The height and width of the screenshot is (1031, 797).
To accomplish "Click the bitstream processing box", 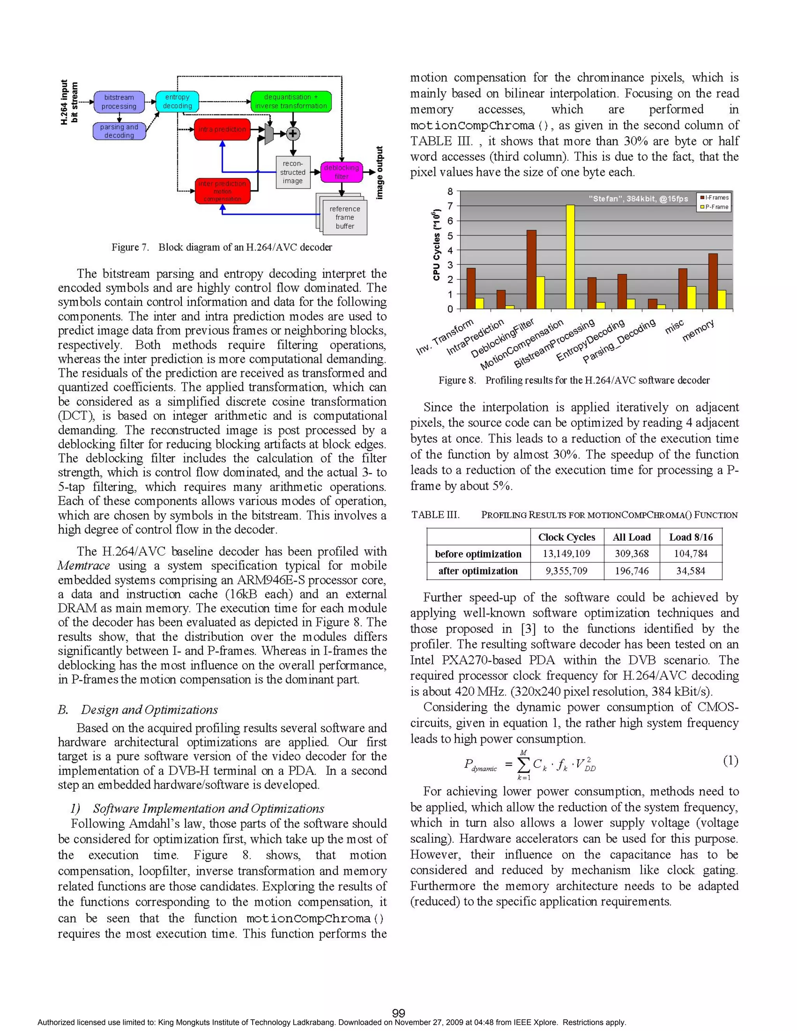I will [x=119, y=102].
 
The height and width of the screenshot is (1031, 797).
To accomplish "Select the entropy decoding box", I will [x=177, y=101].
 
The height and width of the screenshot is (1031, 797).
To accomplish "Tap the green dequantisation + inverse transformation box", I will [x=291, y=101].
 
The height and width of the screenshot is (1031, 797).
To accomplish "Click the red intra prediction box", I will [x=222, y=129].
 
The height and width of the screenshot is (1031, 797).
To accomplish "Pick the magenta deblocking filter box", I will [x=341, y=172].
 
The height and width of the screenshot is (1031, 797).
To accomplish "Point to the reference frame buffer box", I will [x=345, y=217].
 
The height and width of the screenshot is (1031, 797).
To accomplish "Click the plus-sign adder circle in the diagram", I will [x=293, y=133].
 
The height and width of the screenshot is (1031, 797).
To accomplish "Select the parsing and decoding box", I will [x=119, y=131].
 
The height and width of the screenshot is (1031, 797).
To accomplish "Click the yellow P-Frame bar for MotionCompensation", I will [x=571, y=257].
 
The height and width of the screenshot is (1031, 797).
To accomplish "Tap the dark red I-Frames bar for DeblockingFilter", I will [x=531, y=269].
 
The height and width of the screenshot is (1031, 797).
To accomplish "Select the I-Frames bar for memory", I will [x=713, y=281].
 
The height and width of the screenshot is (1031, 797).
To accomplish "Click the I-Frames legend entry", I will [x=714, y=197].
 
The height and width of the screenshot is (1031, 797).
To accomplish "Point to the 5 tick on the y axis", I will [x=450, y=235].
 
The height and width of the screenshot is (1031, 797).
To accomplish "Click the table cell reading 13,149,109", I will [x=567, y=553].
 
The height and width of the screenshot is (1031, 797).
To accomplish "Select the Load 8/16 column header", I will [x=691, y=537].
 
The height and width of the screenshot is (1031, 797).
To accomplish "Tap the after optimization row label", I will [x=478, y=571].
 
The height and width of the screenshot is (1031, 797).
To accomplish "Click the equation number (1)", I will [x=730, y=761].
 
